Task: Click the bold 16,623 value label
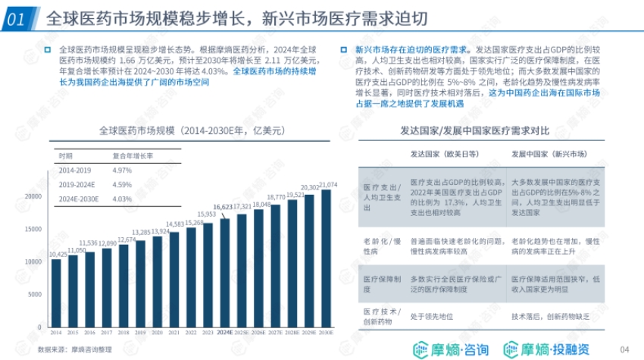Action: [223, 206]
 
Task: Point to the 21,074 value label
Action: [328, 185]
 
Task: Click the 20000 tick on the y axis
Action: [34, 196]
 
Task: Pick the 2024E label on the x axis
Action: [224, 332]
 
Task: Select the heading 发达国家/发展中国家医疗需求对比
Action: [485, 130]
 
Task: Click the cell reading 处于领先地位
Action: [432, 316]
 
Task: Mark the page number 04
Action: [625, 349]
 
